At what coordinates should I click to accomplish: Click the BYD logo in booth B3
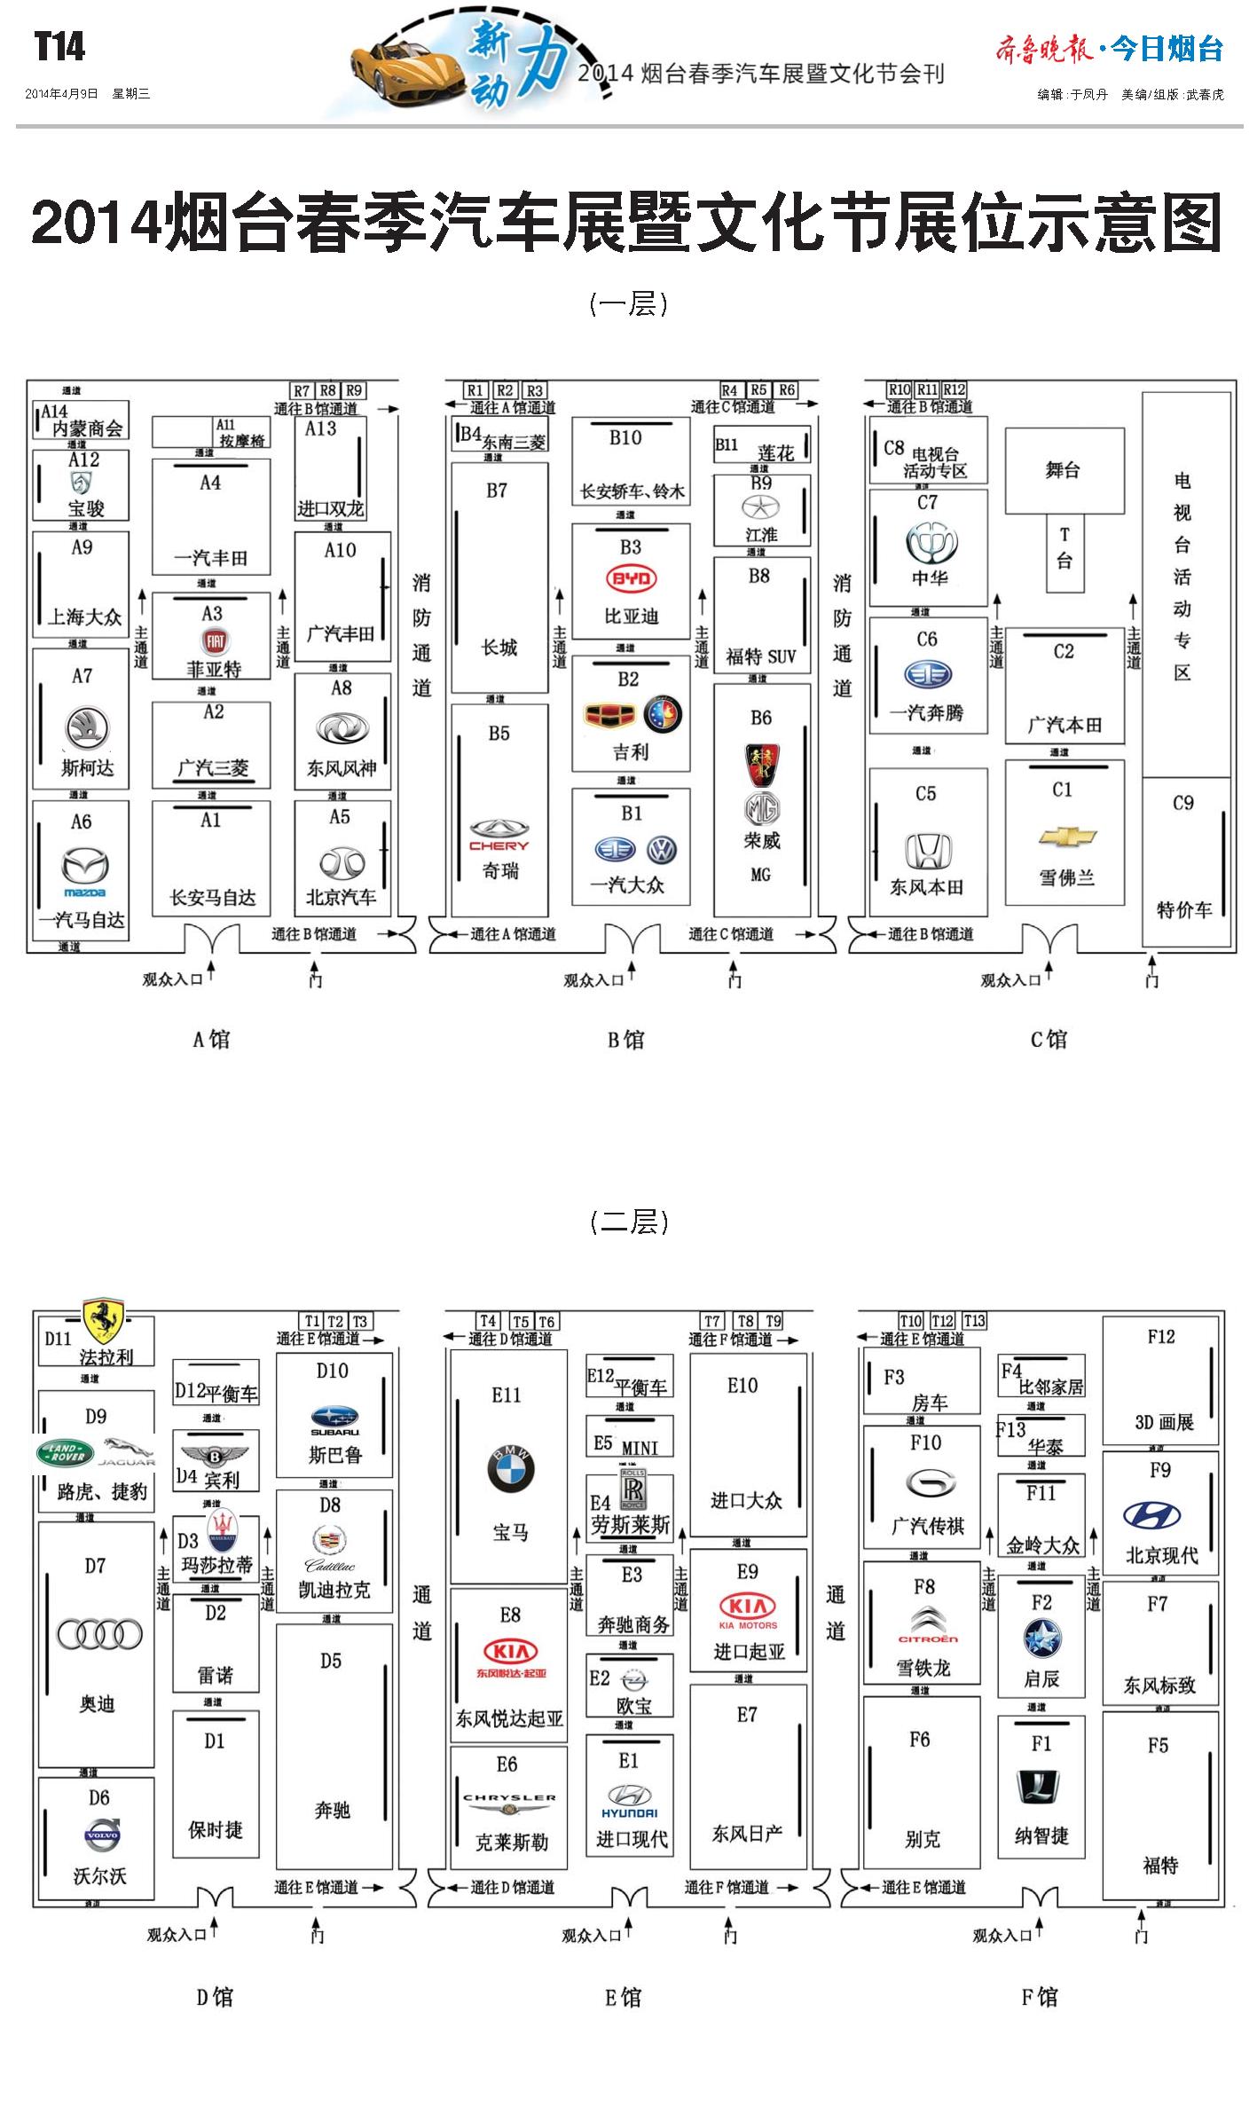(631, 579)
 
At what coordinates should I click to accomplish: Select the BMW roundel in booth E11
(511, 1468)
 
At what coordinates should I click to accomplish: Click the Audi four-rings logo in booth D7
(99, 1634)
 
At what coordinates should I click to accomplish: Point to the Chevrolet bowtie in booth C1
(1067, 837)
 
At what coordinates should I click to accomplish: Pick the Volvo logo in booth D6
(99, 1834)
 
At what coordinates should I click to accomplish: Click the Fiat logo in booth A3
(214, 641)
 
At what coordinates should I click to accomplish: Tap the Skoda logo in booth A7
(87, 728)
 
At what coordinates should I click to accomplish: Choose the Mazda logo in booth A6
(85, 868)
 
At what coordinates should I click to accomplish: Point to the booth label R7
(302, 390)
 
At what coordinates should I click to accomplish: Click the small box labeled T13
(974, 1321)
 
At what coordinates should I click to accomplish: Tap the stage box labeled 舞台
(1064, 470)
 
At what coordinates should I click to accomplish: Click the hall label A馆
(211, 1039)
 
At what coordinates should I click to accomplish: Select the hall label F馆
(1039, 1997)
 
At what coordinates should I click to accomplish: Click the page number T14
(59, 46)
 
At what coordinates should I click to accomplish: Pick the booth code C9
(1183, 803)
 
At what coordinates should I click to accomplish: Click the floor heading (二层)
(629, 1222)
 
